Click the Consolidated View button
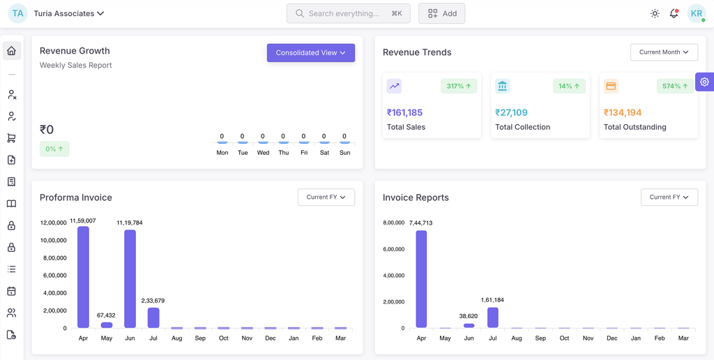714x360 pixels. click(x=310, y=53)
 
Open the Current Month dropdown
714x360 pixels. click(x=664, y=52)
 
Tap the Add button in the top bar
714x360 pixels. click(x=442, y=13)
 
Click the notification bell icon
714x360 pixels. click(x=674, y=13)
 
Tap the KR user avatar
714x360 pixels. click(x=696, y=13)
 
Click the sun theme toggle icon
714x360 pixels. click(x=655, y=13)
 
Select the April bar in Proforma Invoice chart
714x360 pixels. click(x=83, y=277)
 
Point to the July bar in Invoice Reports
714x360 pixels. click(x=493, y=317)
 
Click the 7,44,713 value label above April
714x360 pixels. click(x=420, y=223)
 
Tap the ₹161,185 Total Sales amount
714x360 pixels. click(x=405, y=112)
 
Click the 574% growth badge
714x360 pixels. click(x=675, y=87)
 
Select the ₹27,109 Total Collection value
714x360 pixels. click(x=511, y=112)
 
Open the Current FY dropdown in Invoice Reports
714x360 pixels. click(x=669, y=197)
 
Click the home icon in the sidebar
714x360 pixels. click(x=11, y=51)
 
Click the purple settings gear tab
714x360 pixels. click(x=704, y=82)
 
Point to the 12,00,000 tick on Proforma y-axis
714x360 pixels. click(x=53, y=223)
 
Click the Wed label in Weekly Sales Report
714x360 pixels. click(x=263, y=153)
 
